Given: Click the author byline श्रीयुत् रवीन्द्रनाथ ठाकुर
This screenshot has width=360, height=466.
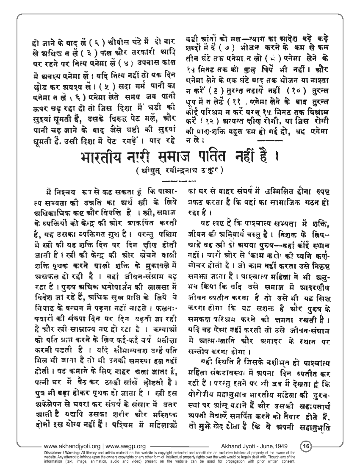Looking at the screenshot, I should click(180, 172).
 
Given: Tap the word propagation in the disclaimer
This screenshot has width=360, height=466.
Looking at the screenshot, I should click(252, 460).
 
